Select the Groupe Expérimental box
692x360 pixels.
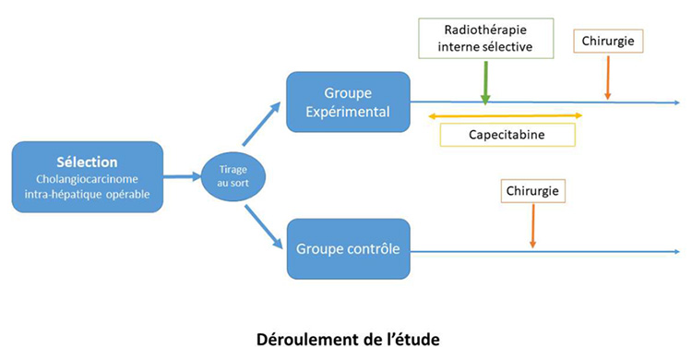point(347,102)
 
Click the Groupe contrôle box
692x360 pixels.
point(347,248)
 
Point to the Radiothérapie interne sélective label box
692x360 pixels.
point(485,38)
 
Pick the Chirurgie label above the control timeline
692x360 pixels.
point(533,191)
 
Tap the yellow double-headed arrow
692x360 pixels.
point(505,115)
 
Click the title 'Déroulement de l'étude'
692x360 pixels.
point(348,339)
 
